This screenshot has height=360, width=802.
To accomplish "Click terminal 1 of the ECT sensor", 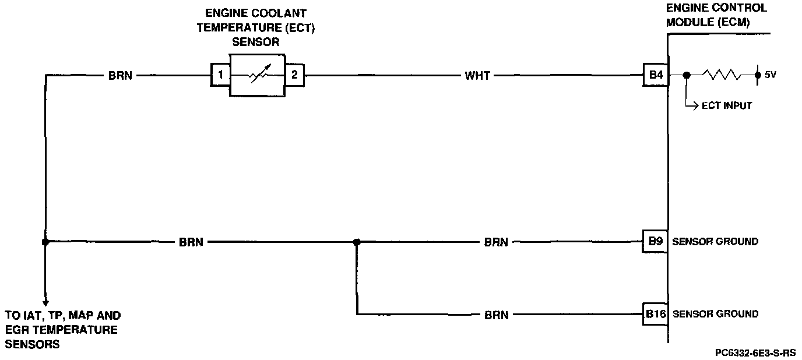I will (220, 75).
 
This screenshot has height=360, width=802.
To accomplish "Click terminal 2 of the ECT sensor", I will (294, 75).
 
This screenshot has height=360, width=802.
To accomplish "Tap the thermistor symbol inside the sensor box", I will (257, 75).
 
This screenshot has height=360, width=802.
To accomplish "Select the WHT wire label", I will (477, 75).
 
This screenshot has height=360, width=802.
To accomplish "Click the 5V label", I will (770, 75).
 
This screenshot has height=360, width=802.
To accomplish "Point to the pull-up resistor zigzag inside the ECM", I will (721, 75).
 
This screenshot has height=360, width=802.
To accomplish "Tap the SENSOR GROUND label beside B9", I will (715, 242).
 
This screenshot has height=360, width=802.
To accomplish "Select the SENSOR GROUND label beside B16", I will (715, 314).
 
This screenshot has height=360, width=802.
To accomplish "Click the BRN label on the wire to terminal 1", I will (120, 75).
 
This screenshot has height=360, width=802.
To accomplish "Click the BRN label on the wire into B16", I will (496, 315).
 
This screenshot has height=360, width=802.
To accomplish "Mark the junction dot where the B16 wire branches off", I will (357, 242).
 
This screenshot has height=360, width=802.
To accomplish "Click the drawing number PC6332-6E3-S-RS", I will (756, 353).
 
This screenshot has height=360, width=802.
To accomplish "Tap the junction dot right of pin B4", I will (687, 75).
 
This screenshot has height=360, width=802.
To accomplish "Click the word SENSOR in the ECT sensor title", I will (256, 42).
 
